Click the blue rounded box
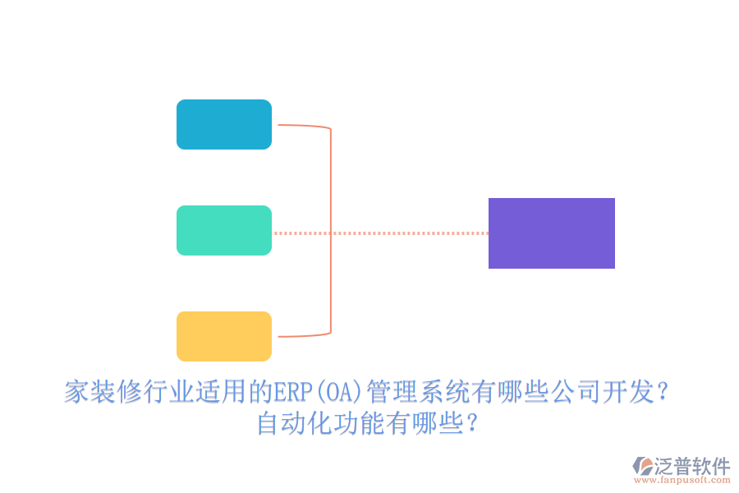click(x=223, y=124)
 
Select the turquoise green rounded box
click(x=223, y=230)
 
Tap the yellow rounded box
click(x=223, y=336)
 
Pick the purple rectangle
click(x=551, y=233)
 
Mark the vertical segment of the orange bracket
click(x=331, y=230)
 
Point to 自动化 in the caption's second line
click(x=296, y=424)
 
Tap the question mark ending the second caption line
click(x=472, y=425)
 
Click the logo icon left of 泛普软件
click(x=642, y=466)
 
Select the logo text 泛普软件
click(x=691, y=465)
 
